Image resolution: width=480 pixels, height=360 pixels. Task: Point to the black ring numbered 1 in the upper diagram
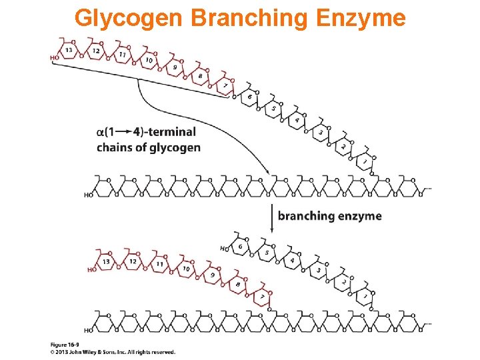(363, 161)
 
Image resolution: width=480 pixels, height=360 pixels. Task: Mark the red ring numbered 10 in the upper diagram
(149, 61)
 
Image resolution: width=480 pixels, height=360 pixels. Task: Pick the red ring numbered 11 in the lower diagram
(160, 265)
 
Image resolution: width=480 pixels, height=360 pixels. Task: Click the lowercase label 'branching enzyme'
(329, 216)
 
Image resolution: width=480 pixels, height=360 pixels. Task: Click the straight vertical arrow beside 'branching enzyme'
(271, 219)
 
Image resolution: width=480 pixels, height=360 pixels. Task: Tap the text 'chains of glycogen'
(148, 147)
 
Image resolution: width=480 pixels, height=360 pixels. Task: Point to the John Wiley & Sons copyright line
(113, 351)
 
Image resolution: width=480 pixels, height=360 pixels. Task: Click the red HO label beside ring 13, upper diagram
(54, 58)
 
